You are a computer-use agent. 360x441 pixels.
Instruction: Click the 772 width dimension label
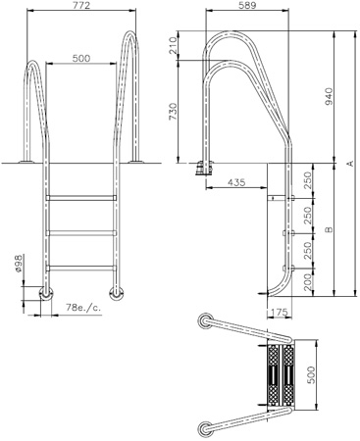point(81,6)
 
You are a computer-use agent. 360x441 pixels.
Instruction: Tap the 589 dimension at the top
point(247,5)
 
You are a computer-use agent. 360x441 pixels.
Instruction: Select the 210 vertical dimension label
point(173,45)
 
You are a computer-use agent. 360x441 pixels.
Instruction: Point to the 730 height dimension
point(173,111)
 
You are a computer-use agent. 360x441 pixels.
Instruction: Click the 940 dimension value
point(329,96)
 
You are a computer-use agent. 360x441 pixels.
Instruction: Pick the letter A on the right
point(350,163)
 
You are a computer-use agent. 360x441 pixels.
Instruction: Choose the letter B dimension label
point(329,229)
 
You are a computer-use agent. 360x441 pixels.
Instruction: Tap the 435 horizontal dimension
point(236,182)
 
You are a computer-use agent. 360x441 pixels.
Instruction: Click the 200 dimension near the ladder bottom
point(308,282)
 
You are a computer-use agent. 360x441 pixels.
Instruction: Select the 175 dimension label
point(278,312)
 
